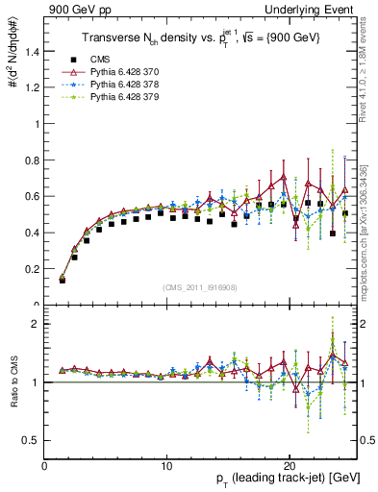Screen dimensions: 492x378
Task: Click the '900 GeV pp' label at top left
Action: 76,11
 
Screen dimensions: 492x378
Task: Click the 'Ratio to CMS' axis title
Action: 13,381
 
